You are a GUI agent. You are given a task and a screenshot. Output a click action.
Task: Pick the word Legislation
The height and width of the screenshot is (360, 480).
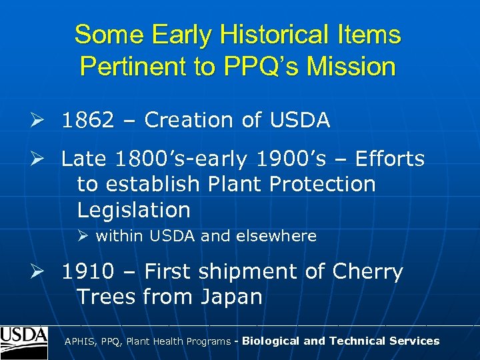[133, 210]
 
